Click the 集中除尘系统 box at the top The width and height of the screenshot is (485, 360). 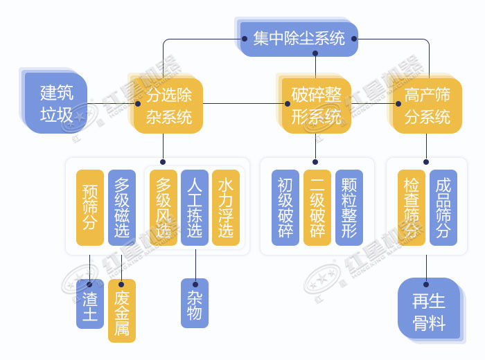[x=299, y=39]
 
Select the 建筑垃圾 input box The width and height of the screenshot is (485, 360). [x=56, y=103]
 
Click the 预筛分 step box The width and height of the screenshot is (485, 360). [x=89, y=207]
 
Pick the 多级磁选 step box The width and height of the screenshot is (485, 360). [x=121, y=207]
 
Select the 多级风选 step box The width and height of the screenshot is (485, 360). [x=163, y=207]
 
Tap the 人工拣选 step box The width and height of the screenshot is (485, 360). [x=195, y=207]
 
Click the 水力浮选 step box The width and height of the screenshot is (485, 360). [x=226, y=207]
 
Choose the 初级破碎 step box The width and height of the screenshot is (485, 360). [x=285, y=207]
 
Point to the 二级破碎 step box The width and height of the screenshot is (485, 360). [x=317, y=207]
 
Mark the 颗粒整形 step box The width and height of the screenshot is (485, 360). [x=349, y=207]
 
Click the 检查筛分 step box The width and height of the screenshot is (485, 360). [x=412, y=207]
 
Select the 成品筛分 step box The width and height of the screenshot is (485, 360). [x=443, y=207]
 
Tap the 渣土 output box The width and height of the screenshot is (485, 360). [x=89, y=304]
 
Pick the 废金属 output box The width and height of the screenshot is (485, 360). [x=122, y=311]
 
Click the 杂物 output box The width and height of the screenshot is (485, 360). [x=195, y=304]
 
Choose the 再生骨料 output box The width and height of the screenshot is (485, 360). [x=429, y=309]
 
